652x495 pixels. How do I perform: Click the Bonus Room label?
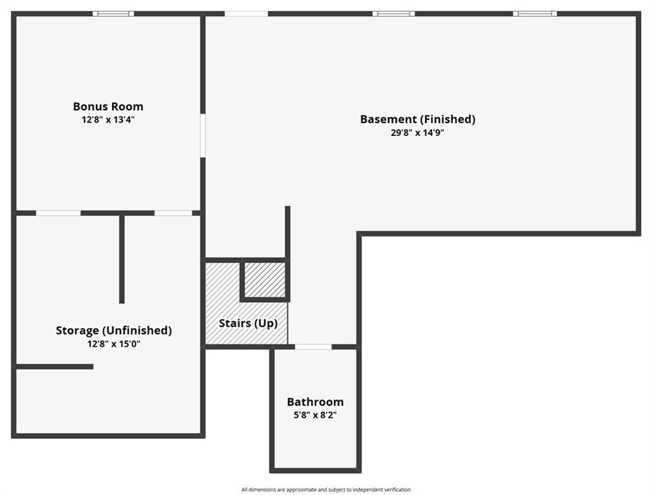click(108, 106)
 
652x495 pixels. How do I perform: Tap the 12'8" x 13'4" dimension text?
click(108, 120)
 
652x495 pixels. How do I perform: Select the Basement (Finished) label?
click(417, 119)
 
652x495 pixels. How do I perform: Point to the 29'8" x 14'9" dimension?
click(417, 133)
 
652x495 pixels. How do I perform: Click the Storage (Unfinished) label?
click(113, 330)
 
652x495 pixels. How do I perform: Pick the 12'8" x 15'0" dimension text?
click(113, 344)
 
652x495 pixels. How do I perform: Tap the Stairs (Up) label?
click(248, 323)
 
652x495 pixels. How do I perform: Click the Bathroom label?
click(315, 402)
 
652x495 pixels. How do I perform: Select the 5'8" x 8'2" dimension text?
click(315, 414)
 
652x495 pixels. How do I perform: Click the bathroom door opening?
click(314, 347)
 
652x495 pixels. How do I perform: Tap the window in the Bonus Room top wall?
click(113, 14)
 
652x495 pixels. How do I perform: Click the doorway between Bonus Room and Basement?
click(203, 135)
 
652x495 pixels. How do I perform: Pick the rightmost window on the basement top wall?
click(535, 14)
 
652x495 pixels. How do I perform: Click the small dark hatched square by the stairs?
click(265, 280)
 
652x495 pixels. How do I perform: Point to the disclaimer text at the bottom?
click(326, 490)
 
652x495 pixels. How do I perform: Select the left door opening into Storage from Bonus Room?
click(58, 213)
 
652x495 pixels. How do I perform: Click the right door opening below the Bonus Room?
click(173, 213)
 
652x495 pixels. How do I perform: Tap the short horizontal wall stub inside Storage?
click(55, 367)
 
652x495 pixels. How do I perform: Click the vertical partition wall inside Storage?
click(122, 258)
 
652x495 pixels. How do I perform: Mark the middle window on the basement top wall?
click(394, 14)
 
